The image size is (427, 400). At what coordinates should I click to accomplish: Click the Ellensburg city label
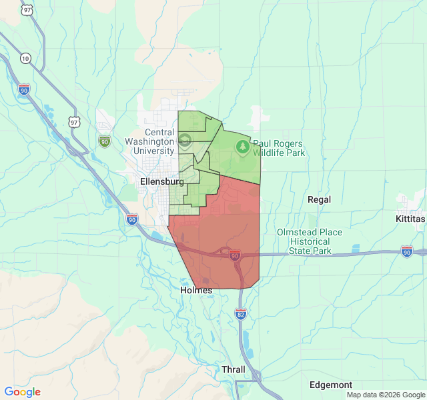point(161,181)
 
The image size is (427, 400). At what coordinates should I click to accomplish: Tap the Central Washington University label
point(149,141)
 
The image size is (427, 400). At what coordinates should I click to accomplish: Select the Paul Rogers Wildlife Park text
point(278,148)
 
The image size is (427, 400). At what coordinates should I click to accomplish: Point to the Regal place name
point(320,199)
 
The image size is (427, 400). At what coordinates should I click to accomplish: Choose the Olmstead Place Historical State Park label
point(310,241)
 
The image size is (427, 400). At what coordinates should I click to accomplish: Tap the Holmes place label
point(196,290)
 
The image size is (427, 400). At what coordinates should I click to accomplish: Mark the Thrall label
point(234,369)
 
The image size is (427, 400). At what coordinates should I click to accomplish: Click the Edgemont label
point(331,385)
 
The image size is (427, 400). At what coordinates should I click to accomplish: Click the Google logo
point(23,392)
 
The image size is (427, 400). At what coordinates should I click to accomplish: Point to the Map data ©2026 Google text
point(386,395)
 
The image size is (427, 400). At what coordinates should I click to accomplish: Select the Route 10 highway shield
point(25,58)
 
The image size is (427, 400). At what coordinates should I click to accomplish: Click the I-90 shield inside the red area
point(234,255)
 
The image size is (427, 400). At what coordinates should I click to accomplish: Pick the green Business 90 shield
point(105,141)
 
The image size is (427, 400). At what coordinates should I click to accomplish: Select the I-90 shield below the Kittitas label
point(407,251)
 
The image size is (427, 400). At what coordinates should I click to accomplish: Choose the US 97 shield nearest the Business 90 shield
point(74,122)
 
